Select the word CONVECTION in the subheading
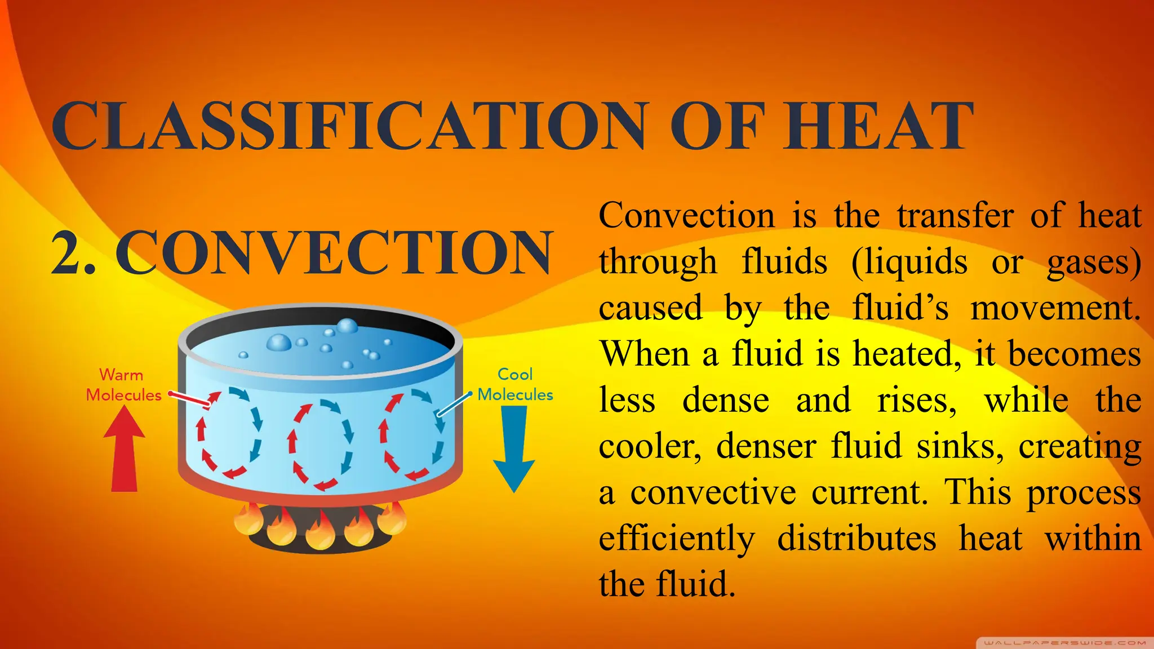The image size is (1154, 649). click(x=335, y=253)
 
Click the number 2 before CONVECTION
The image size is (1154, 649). click(x=66, y=253)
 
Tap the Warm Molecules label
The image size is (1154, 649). click(x=123, y=385)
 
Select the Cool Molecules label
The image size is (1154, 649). click(x=515, y=384)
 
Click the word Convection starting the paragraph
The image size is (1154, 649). click(x=687, y=216)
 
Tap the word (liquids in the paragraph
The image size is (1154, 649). click(x=909, y=262)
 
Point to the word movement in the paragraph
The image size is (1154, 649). click(x=1055, y=309)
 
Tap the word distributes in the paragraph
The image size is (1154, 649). click(x=856, y=538)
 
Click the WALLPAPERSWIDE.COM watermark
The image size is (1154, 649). click(x=1064, y=642)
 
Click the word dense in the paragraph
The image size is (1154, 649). click(x=726, y=401)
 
